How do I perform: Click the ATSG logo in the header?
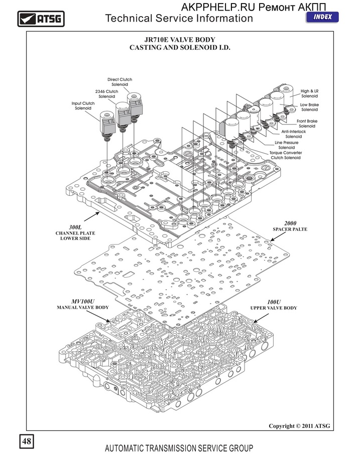point(41,19)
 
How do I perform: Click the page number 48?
point(27,441)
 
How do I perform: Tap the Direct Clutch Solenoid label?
point(120,82)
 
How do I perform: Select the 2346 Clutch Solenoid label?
point(106,94)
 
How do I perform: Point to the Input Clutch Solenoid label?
point(83,106)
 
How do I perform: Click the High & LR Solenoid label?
point(309,93)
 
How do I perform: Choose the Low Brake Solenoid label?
point(309,107)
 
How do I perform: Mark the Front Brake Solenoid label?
point(307,124)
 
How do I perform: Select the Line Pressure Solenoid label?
point(286,145)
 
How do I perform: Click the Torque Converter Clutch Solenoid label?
point(285,155)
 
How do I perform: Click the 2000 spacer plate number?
point(290,223)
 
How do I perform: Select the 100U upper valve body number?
point(274,302)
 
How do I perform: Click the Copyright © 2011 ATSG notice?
point(299,426)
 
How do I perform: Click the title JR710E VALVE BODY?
point(179,40)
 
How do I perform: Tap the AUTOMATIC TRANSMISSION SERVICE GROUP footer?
point(179,448)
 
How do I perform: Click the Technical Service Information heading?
point(179,19)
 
